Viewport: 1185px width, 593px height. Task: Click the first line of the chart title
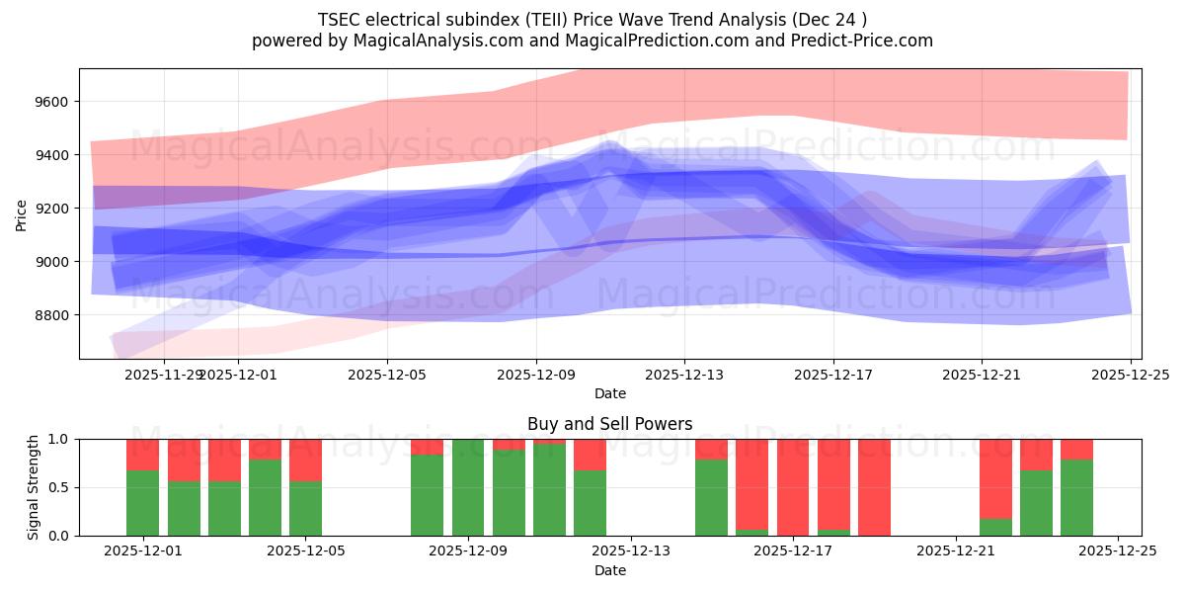coord(592,20)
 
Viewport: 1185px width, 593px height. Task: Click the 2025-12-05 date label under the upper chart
coord(387,375)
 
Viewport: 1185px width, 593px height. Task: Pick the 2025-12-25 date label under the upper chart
coord(1130,375)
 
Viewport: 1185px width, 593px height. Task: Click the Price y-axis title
coord(22,213)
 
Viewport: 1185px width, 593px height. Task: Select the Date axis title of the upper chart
coord(610,393)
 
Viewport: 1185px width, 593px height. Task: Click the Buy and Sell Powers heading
coord(610,424)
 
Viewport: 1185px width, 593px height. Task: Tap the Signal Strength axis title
coord(34,487)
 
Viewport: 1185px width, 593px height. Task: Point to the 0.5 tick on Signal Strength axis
coord(59,487)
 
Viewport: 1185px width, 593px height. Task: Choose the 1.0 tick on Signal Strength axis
coord(59,439)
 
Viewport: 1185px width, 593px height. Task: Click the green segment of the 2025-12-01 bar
coord(143,504)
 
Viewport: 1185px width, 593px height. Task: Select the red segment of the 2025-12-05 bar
coord(306,460)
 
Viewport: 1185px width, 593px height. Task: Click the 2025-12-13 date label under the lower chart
coord(631,551)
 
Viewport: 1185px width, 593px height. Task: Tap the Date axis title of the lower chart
coord(610,570)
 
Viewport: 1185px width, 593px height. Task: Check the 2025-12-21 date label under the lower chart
coord(956,551)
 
